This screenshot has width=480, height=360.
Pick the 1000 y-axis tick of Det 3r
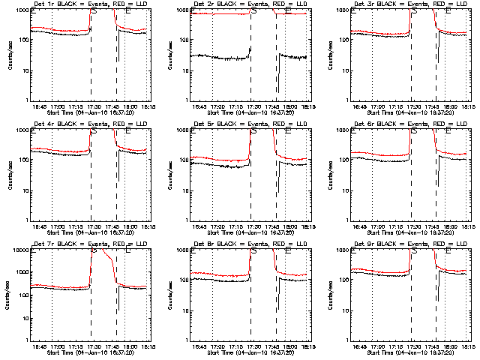pyautogui.click(x=340, y=10)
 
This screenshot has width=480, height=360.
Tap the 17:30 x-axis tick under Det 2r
pyautogui.click(x=252, y=106)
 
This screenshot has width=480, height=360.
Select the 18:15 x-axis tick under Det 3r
pyautogui.click(x=469, y=106)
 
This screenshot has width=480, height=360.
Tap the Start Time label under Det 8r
pyautogui.click(x=249, y=352)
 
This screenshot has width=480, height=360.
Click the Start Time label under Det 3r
pyautogui.click(x=409, y=112)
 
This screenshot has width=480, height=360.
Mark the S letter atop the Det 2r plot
pyautogui.click(x=253, y=11)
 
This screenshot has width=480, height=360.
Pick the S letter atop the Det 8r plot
pyautogui.click(x=253, y=251)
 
